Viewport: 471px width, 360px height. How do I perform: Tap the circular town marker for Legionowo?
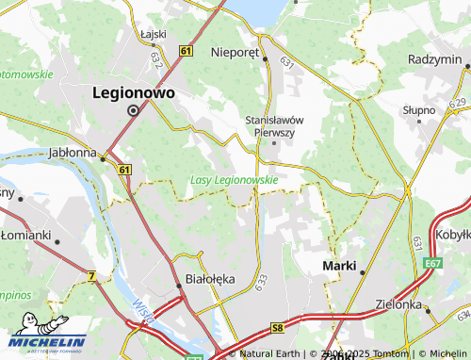pos(133,110)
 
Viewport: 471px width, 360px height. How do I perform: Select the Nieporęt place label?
pos(235,54)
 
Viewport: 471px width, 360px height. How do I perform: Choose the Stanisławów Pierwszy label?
pos(273,126)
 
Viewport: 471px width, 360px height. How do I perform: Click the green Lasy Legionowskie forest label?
pos(234,179)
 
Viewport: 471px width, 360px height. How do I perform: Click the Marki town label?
pos(339,266)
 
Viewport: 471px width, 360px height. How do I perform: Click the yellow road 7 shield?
pos(91,275)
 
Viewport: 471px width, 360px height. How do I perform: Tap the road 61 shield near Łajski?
pos(187,50)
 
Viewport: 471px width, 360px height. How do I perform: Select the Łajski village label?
pos(153,33)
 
